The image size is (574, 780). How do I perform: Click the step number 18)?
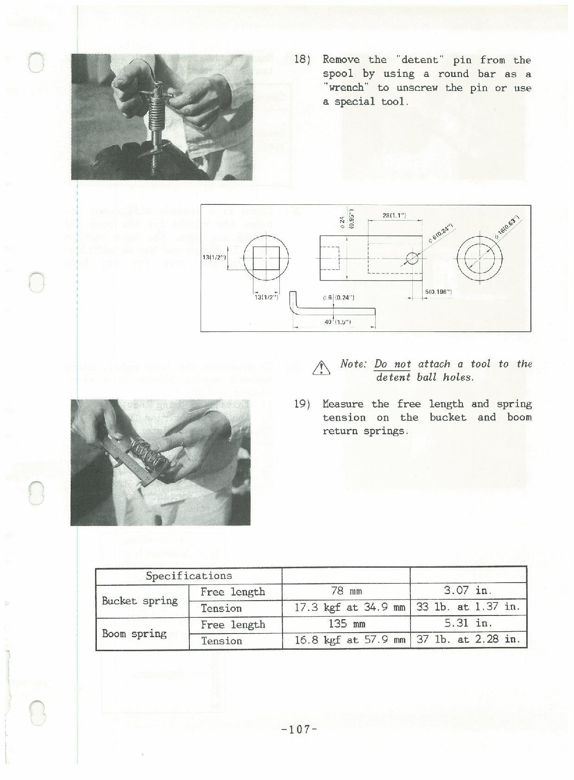302,60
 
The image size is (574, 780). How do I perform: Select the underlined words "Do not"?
392,364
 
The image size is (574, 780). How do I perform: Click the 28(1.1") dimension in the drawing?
394,216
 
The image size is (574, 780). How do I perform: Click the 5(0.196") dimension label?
438,292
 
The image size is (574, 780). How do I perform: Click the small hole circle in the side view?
412,258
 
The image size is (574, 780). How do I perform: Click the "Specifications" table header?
189,576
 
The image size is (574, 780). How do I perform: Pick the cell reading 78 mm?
346,591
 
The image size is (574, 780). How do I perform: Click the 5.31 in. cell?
468,623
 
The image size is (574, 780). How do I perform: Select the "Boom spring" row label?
134,634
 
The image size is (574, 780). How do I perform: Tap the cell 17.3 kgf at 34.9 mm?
350,607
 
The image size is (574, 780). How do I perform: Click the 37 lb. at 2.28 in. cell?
468,640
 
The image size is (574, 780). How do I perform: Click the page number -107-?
299,729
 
